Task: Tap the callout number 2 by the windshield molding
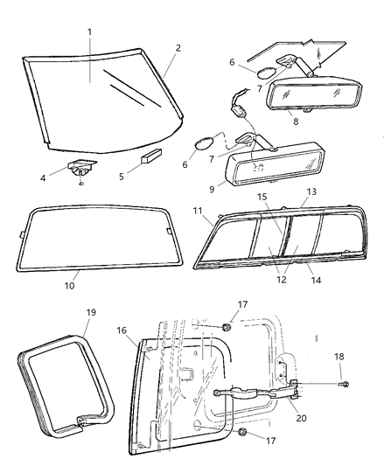point(178,47)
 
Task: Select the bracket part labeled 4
point(81,170)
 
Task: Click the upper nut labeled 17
point(226,327)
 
